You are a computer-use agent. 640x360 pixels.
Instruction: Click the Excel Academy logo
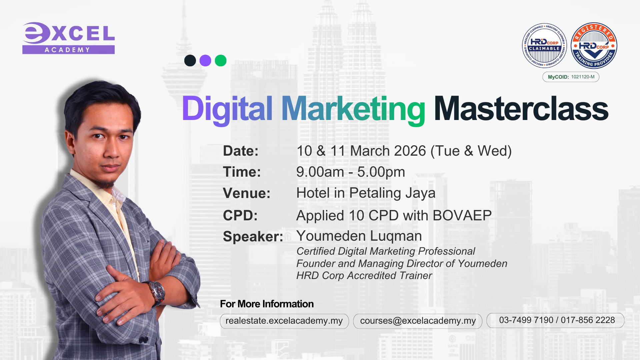[69, 38]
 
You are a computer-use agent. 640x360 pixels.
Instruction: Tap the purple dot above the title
[205, 61]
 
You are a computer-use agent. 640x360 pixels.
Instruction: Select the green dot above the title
[221, 61]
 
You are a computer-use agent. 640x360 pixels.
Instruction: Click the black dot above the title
[190, 61]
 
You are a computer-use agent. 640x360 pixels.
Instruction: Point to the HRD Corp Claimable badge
[544, 46]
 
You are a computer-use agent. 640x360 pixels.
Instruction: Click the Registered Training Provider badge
[594, 46]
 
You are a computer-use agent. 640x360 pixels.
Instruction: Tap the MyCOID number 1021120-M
[583, 77]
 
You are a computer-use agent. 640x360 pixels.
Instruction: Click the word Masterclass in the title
[521, 109]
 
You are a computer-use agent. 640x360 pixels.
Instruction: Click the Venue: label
[247, 193]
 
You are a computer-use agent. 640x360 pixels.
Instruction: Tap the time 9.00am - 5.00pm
[351, 172]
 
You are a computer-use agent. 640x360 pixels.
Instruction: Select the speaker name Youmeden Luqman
[359, 236]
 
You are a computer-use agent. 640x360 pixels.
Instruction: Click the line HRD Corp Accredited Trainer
[364, 276]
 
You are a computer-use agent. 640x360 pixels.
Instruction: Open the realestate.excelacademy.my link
[284, 321]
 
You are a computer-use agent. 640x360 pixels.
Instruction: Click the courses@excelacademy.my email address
[418, 321]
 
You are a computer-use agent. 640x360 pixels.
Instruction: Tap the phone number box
[555, 320]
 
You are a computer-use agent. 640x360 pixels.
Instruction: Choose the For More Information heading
[267, 304]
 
